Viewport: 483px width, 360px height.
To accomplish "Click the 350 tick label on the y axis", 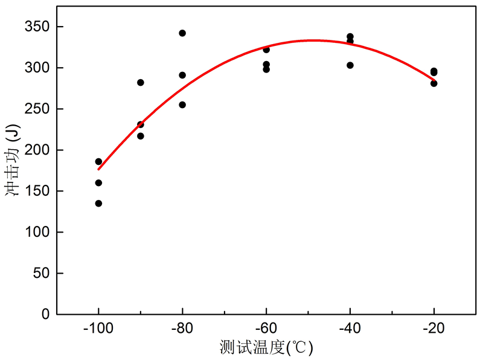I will pos(37,27).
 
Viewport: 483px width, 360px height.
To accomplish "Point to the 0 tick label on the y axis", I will pos(46,314).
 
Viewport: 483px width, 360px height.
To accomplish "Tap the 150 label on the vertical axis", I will pos(37,191).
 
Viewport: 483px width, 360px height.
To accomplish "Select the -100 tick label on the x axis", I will pos(98,329).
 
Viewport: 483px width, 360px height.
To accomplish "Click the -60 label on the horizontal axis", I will pos(266,329).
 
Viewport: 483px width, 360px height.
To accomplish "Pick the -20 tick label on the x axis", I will pos(433,329).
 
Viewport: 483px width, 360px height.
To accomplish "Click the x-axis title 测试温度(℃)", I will pos(266,347).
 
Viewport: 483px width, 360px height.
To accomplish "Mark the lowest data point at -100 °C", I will pos(98,204).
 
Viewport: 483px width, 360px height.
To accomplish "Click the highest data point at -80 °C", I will pos(182,33).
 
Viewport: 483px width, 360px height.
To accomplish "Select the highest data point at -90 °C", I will pos(141,83).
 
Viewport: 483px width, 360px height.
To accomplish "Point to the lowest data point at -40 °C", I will pos(350,65).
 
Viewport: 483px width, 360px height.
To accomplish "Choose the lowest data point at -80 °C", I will pos(182,104).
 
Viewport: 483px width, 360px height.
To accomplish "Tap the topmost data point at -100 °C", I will pos(98,161).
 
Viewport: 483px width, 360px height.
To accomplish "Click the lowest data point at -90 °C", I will pos(141,136).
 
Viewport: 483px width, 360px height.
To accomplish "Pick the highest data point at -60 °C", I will pos(266,50).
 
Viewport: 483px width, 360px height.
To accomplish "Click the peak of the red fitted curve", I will pos(312,40).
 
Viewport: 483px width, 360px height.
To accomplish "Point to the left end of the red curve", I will pos(98,169).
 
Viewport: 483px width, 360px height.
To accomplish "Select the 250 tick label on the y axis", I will pos(37,109).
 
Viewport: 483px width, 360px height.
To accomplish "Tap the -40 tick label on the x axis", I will pos(350,329).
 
